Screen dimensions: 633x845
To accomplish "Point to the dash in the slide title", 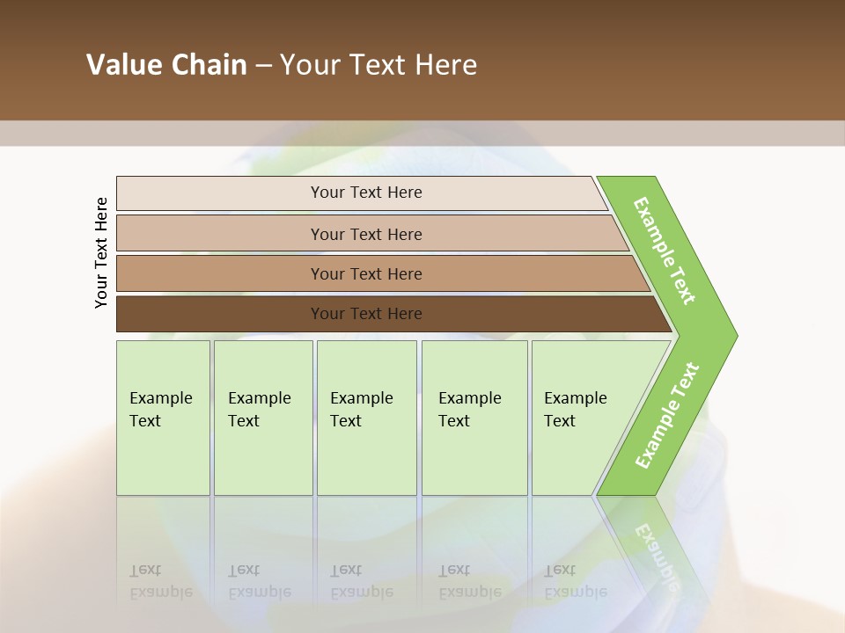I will click(x=263, y=66).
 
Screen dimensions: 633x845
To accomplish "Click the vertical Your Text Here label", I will click(x=101, y=252).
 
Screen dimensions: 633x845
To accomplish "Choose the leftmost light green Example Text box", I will click(x=163, y=418).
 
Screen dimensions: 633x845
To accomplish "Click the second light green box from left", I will click(x=262, y=418).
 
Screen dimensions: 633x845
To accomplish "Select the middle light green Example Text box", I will click(x=366, y=418).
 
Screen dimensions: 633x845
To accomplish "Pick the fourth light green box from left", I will click(x=474, y=418).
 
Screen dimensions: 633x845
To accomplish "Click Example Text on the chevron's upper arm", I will click(x=665, y=251).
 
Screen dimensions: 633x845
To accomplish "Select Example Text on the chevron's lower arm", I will click(x=666, y=415).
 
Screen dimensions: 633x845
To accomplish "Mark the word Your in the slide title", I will click(x=309, y=65).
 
